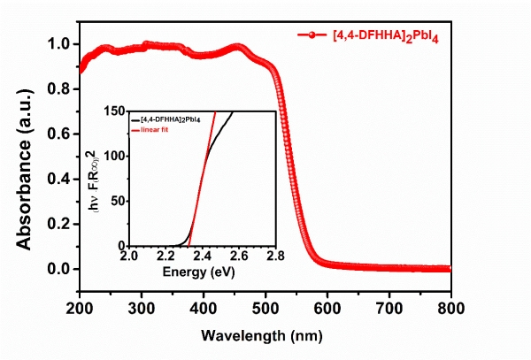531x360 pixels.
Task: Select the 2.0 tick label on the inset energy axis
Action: click(x=129, y=257)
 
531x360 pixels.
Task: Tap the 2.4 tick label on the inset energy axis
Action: click(x=203, y=257)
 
